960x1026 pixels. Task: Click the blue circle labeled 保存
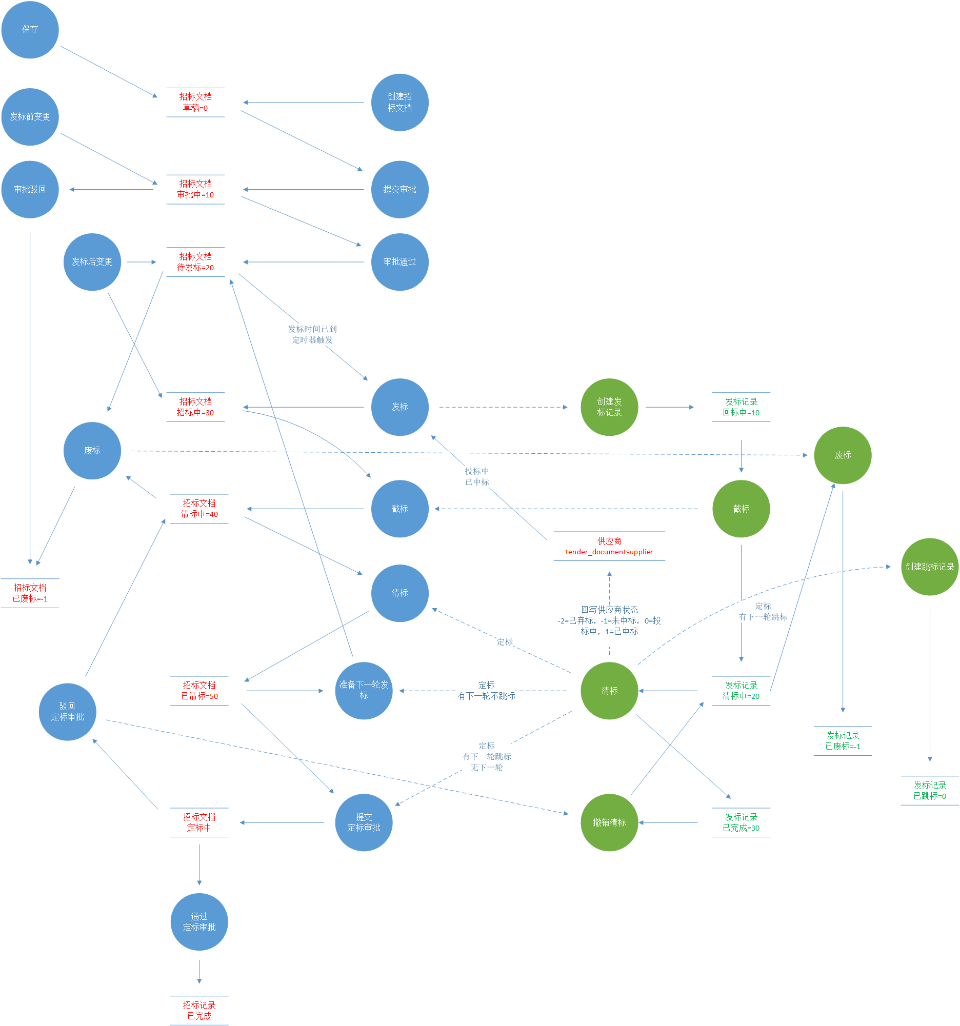tap(30, 29)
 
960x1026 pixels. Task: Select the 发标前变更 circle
tap(30, 116)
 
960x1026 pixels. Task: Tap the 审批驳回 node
tap(30, 189)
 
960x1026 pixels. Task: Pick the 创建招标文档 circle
tap(399, 102)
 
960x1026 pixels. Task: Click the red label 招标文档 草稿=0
tap(195, 102)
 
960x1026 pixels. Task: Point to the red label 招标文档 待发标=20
tap(195, 261)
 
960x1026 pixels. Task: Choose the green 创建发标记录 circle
tap(609, 407)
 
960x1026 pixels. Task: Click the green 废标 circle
tap(843, 455)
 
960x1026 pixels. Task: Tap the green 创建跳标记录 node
tap(930, 567)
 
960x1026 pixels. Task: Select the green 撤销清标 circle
tap(609, 822)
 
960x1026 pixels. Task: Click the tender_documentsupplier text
tap(609, 552)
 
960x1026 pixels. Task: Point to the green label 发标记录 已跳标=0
tap(930, 790)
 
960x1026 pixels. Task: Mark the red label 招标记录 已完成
tap(199, 1010)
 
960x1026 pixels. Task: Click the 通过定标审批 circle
tap(199, 922)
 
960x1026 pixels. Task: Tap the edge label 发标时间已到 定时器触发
tap(312, 334)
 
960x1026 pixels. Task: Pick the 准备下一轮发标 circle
tap(364, 690)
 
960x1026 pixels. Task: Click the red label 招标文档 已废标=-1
tap(30, 593)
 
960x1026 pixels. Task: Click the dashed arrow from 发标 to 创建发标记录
tap(503, 407)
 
